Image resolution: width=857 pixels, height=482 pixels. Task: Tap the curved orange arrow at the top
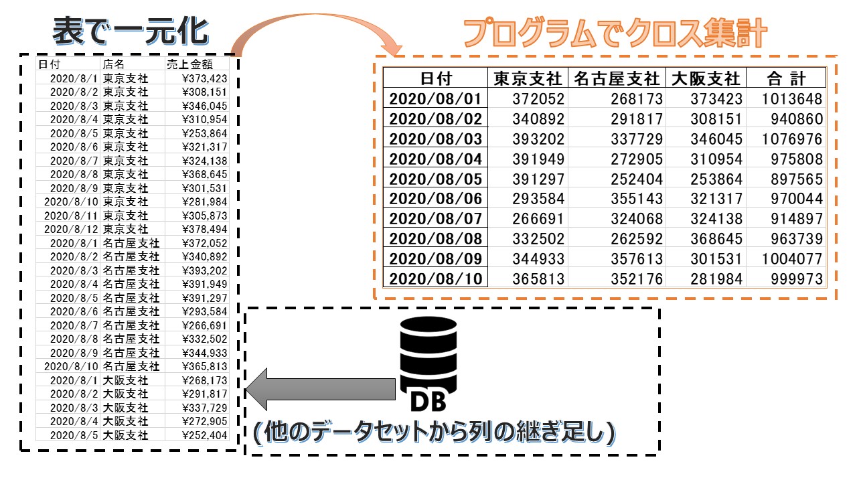(315, 33)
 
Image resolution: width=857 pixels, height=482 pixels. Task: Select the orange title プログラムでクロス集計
(615, 33)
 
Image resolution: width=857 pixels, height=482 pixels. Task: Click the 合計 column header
(786, 78)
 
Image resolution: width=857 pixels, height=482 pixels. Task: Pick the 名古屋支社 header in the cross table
(616, 78)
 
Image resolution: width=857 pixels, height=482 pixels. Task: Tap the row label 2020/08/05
(435, 179)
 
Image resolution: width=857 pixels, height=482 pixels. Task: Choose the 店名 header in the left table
(114, 64)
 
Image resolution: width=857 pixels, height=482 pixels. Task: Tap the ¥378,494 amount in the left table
(204, 230)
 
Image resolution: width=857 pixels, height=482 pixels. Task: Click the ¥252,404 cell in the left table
(204, 435)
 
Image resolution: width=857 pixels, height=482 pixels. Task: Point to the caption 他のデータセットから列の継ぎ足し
(434, 434)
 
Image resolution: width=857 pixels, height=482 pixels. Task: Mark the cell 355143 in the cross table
(636, 199)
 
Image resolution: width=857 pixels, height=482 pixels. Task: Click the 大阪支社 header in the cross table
(706, 78)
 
